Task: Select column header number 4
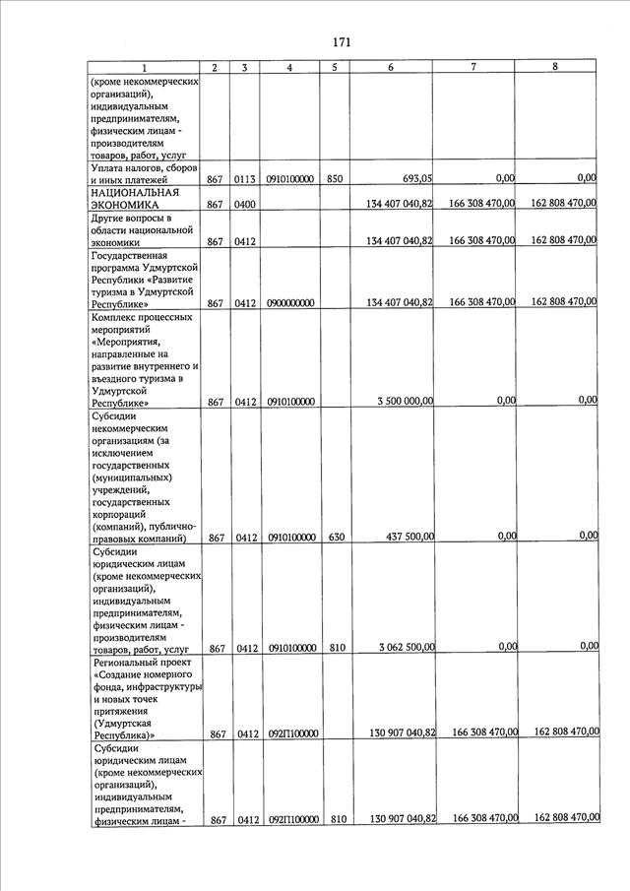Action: [289, 68]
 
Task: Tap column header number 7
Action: [473, 67]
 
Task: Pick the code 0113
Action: [245, 179]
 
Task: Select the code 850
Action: [335, 179]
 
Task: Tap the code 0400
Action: [245, 204]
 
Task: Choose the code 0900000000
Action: [289, 303]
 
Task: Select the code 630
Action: [335, 538]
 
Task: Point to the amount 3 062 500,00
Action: [407, 647]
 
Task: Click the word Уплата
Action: [109, 167]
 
